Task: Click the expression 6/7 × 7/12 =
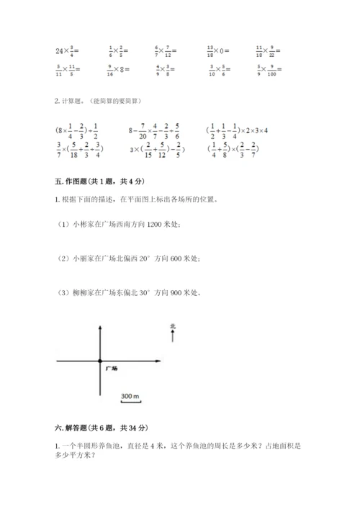166,50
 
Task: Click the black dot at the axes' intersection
100,361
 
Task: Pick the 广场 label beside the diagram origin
111,369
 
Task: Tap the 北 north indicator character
172,326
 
